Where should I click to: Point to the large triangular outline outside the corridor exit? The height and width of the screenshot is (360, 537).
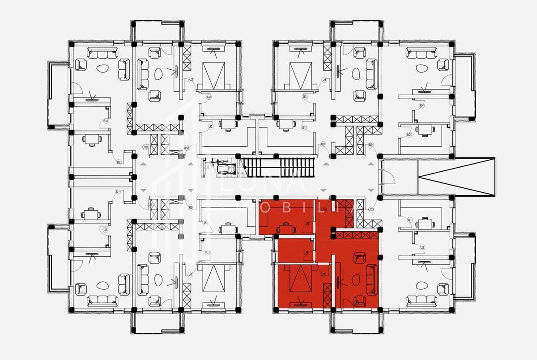pyautogui.click(x=456, y=176)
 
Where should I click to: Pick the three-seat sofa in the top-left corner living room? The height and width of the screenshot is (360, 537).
pyautogui.click(x=102, y=54)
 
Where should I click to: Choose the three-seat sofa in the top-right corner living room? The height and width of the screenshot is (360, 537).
pyautogui.click(x=421, y=54)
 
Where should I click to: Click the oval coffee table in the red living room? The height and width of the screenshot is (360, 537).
pyautogui.click(x=356, y=280)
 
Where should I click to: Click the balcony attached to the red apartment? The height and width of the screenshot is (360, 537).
pyautogui.click(x=356, y=322)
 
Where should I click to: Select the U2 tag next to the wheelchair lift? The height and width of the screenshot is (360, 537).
pyautogui.click(x=207, y=168)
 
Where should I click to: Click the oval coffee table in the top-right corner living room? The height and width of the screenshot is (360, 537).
pyautogui.click(x=421, y=70)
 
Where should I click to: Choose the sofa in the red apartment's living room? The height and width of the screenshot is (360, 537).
pyautogui.click(x=371, y=280)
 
